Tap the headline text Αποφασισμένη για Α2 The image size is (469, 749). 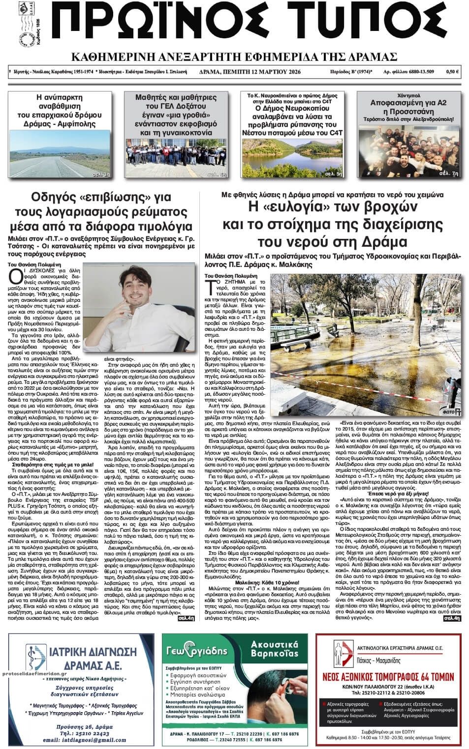[408, 103]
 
